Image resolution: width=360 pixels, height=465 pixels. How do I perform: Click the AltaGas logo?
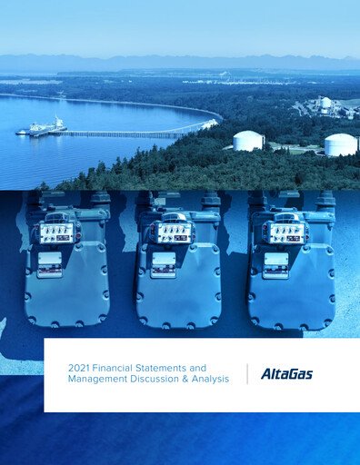coord(286,373)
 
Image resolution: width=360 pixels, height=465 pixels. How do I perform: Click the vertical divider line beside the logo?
coord(247,373)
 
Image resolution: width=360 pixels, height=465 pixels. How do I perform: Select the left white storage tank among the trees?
coord(248,141)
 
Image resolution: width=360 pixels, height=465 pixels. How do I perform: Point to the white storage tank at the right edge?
coord(341,144)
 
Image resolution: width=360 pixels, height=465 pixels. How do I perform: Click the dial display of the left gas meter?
coord(58,232)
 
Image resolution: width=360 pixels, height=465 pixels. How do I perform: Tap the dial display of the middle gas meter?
coord(174,232)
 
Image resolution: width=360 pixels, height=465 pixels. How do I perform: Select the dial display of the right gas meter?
coord(286,232)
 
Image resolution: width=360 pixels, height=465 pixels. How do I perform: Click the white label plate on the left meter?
coord(49,263)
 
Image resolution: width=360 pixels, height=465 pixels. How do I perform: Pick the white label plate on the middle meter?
coord(164,264)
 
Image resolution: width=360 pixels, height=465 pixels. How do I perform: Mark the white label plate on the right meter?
coord(275,264)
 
